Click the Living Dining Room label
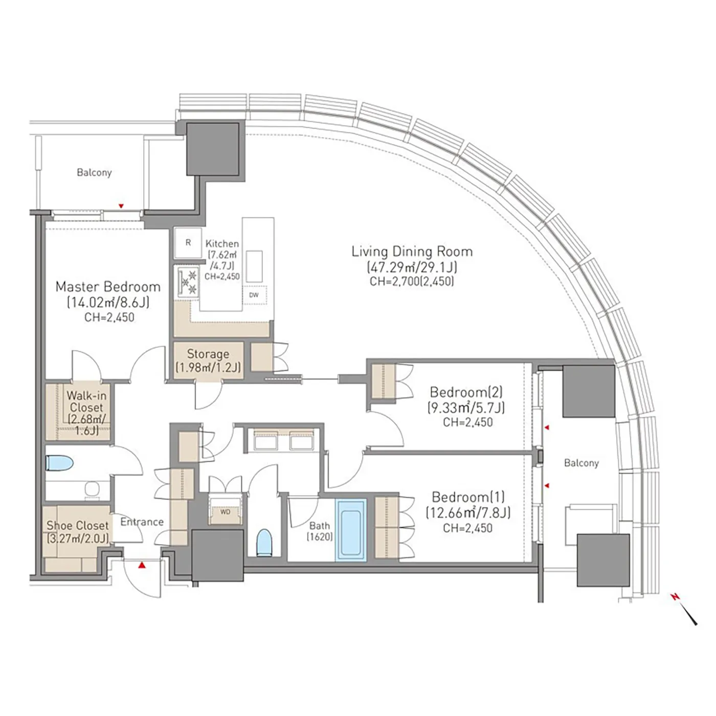(412, 252)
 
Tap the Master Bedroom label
(108, 286)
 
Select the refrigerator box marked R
(188, 242)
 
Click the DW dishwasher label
(254, 296)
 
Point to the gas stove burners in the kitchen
(188, 281)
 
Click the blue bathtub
(351, 530)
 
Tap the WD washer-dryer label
(225, 511)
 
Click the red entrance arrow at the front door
(142, 565)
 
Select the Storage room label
(208, 354)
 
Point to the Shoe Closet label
(78, 525)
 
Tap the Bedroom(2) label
(466, 392)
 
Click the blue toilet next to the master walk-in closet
(59, 463)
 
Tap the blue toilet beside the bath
(264, 543)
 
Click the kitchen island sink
(254, 266)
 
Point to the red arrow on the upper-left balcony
(121, 206)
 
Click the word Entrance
(142, 522)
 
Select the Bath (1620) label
(320, 531)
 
